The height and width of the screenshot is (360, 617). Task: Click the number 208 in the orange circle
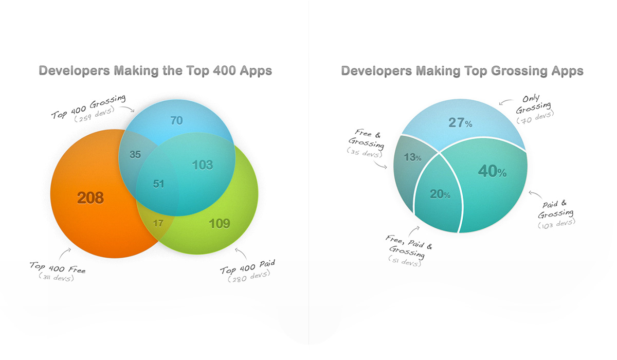(x=90, y=198)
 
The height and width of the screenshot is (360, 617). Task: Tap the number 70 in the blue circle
(x=176, y=121)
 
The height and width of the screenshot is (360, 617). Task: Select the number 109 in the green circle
(x=219, y=224)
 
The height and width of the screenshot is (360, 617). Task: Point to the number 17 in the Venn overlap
(x=158, y=223)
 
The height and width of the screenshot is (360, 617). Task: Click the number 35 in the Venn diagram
(x=135, y=154)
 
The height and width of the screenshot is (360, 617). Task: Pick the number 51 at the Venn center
(x=158, y=184)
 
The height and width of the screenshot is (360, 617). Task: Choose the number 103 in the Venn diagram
(x=203, y=165)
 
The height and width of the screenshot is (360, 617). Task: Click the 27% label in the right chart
(x=460, y=122)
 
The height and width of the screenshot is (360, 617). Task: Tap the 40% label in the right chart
(x=492, y=171)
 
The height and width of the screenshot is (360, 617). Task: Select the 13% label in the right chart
(x=412, y=157)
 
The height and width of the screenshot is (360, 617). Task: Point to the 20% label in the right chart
(x=440, y=194)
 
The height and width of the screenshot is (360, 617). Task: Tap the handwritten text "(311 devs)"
(x=57, y=277)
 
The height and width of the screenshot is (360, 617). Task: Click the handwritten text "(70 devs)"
(x=535, y=118)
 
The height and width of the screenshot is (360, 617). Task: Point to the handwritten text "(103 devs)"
(x=556, y=224)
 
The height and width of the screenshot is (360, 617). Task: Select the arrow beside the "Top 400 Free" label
(x=64, y=254)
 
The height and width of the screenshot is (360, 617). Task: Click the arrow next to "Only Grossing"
(x=506, y=102)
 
